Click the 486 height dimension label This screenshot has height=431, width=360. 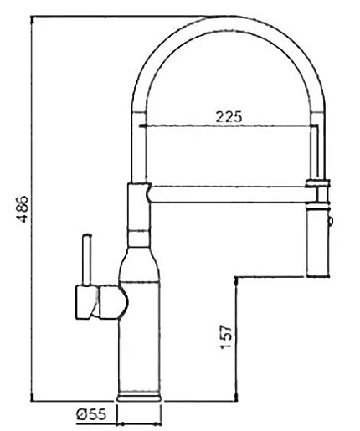coord(24,208)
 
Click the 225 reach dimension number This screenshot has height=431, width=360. coord(229,116)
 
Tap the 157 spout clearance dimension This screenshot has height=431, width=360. coord(226,336)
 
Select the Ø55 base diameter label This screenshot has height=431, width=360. coord(91,414)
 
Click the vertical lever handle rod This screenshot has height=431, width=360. coord(87,260)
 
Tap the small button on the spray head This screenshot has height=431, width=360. coord(330,222)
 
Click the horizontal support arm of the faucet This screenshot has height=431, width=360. coord(228,194)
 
